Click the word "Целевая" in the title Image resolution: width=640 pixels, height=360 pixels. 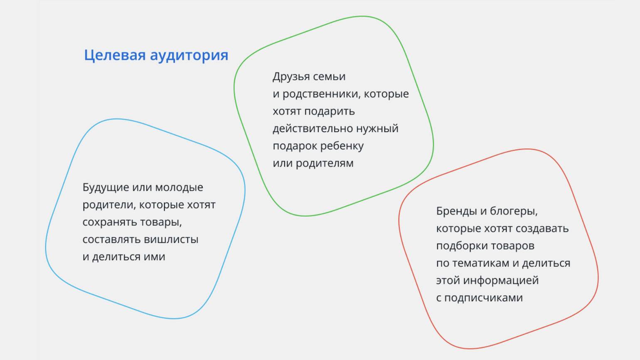point(115,55)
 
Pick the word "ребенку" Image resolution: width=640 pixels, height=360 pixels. point(342,146)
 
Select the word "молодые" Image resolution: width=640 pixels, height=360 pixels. point(179,188)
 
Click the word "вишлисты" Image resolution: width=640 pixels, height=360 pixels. point(171,239)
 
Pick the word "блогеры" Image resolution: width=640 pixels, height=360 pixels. point(514,212)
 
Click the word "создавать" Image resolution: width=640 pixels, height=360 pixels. point(542,229)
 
